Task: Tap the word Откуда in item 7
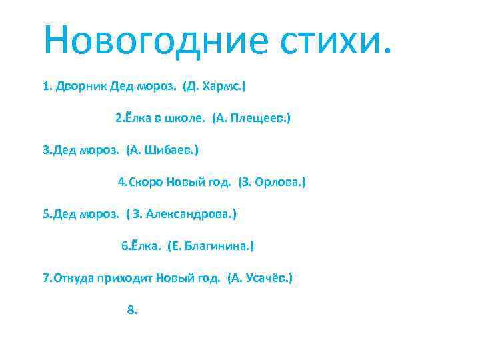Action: (x=75, y=278)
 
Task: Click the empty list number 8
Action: (x=131, y=310)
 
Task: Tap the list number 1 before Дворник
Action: (x=46, y=86)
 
